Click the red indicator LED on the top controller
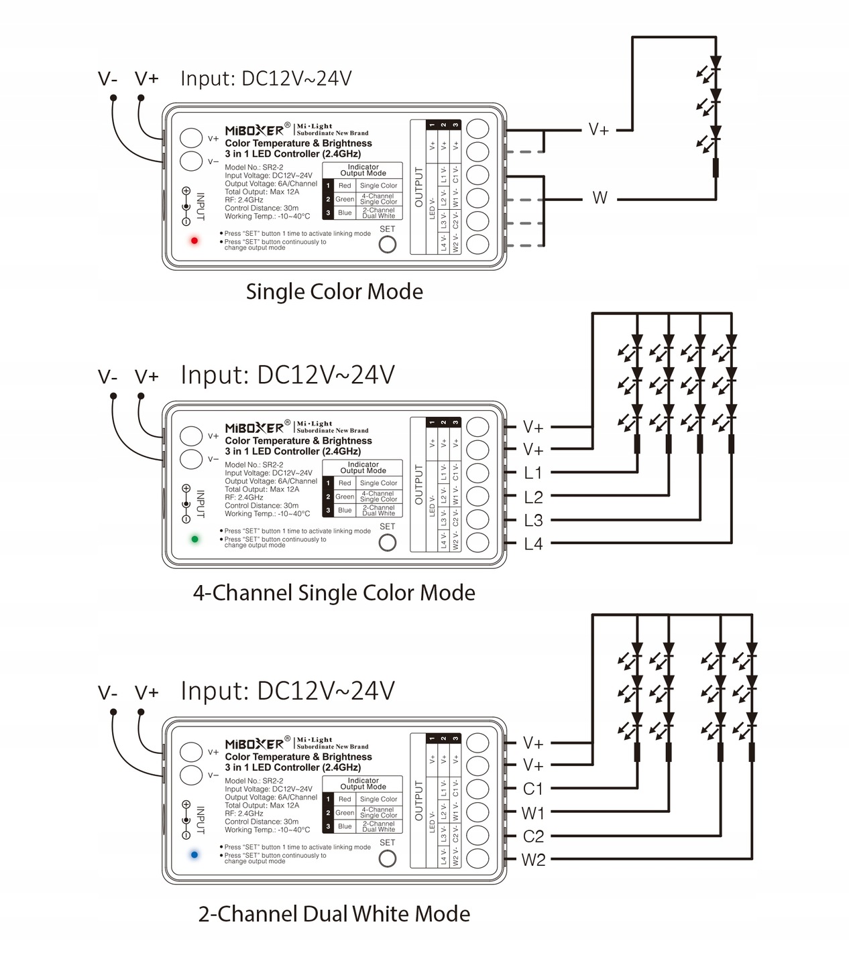tap(194, 241)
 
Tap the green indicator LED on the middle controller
tap(194, 539)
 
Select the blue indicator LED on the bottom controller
tap(194, 855)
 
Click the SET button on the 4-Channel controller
tap(388, 543)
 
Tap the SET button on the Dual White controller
tap(388, 859)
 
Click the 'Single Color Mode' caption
tap(334, 292)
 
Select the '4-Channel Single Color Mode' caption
tap(334, 593)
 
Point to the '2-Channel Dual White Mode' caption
tap(334, 914)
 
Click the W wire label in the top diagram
tap(600, 198)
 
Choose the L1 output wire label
tap(533, 473)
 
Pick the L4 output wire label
tap(533, 544)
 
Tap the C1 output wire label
tap(533, 789)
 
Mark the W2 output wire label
tap(533, 860)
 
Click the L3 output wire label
tap(533, 521)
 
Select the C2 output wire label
tap(533, 837)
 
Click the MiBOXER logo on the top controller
tap(254, 131)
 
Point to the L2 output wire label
tap(533, 497)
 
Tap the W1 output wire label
tap(533, 814)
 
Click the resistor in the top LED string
tap(716, 168)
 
